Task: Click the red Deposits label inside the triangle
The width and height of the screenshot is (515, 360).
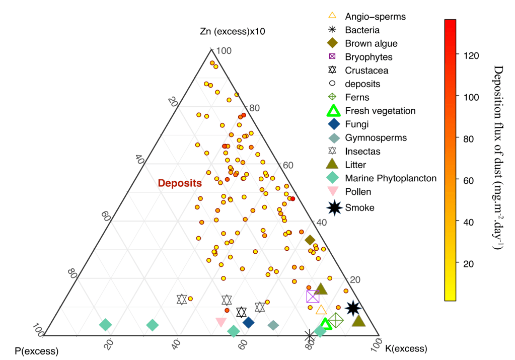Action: click(x=180, y=183)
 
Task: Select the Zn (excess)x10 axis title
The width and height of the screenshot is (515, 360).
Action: click(x=233, y=32)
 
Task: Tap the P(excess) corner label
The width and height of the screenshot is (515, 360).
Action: click(x=36, y=351)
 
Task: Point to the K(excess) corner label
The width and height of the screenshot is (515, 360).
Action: click(x=406, y=348)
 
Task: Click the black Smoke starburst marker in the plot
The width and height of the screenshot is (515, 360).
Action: click(x=353, y=308)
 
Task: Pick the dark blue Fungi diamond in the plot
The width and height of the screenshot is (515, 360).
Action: click(x=248, y=323)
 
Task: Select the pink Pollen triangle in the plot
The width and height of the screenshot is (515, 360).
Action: click(x=221, y=322)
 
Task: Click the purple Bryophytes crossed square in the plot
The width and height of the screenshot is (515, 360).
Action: click(x=313, y=297)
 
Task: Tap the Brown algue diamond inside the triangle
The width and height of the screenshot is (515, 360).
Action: click(x=310, y=240)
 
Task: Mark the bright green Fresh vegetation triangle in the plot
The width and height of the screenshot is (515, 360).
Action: click(x=326, y=324)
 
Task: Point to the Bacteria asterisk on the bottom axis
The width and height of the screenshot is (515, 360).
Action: click(x=309, y=336)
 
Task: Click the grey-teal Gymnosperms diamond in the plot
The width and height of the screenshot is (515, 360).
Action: click(x=273, y=326)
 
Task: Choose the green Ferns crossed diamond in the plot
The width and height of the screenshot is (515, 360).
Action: click(x=336, y=320)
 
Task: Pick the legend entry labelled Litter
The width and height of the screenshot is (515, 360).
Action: click(x=346, y=165)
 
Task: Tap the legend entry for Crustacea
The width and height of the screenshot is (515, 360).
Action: click(x=358, y=70)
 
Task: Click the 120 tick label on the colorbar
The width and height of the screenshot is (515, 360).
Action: click(x=471, y=56)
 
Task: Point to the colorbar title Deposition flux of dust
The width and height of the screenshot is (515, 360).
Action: click(x=498, y=158)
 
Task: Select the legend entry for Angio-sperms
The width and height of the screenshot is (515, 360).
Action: click(x=367, y=17)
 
